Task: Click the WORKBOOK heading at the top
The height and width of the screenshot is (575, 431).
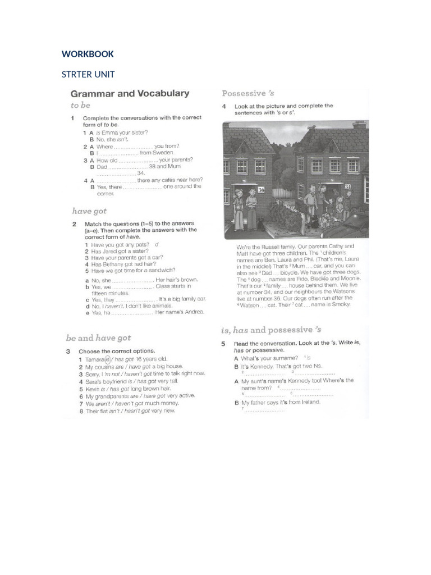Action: pyautogui.click(x=88, y=54)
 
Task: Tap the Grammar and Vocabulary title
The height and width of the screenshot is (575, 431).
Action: pyautogui.click(x=129, y=94)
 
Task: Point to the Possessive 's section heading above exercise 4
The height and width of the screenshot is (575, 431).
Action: pyautogui.click(x=247, y=93)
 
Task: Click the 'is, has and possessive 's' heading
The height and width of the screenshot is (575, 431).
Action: pyautogui.click(x=271, y=330)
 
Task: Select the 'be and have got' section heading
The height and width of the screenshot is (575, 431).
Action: pyautogui.click(x=98, y=337)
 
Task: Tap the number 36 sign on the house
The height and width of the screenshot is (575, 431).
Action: pyautogui.click(x=262, y=190)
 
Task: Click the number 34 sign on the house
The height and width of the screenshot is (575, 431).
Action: pyautogui.click(x=348, y=186)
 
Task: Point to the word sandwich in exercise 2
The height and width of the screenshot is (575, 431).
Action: pyautogui.click(x=160, y=270)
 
